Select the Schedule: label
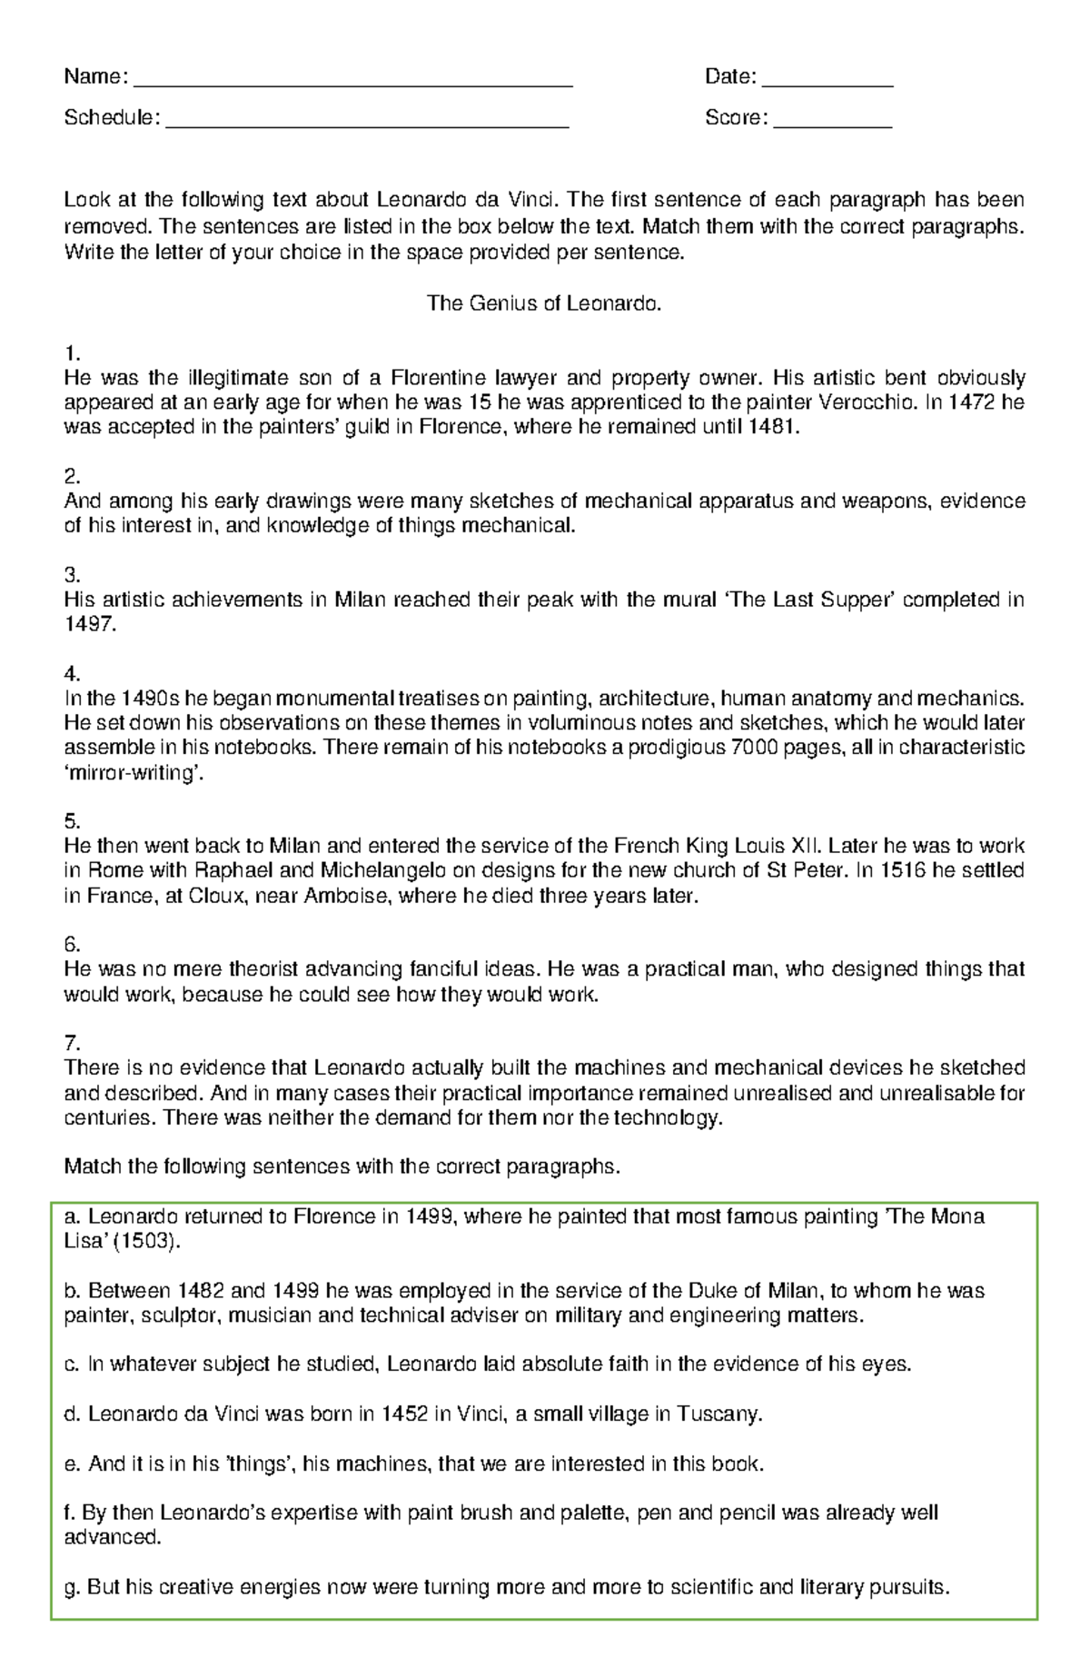112,118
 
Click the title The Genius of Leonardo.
544,303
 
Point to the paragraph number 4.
72,674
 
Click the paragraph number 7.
72,1043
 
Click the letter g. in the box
73,1587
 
